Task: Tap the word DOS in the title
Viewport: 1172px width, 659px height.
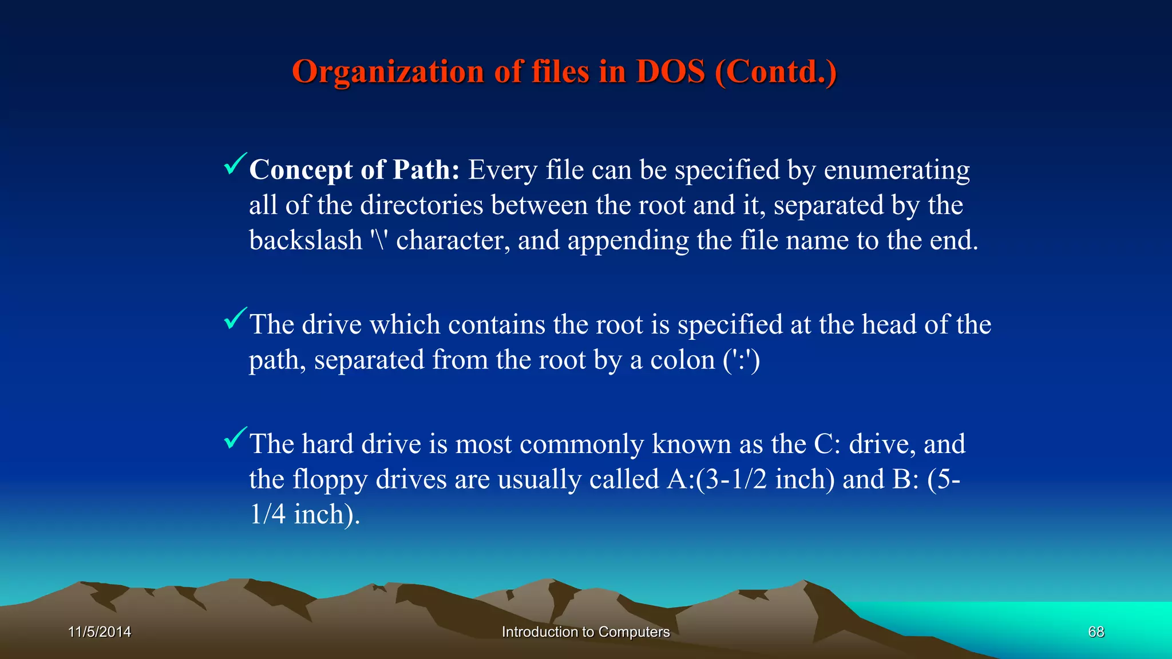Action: [x=670, y=72]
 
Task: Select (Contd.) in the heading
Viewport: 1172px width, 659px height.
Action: [x=775, y=72]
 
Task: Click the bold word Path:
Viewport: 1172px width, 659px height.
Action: [x=426, y=170]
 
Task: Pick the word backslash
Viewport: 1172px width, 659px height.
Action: [x=306, y=240]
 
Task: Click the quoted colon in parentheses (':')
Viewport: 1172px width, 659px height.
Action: [x=741, y=360]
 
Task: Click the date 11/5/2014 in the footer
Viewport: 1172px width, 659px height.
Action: [x=100, y=632]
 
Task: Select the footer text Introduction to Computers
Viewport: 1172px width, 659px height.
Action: [x=585, y=632]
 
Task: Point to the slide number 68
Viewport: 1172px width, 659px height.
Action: [x=1096, y=632]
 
